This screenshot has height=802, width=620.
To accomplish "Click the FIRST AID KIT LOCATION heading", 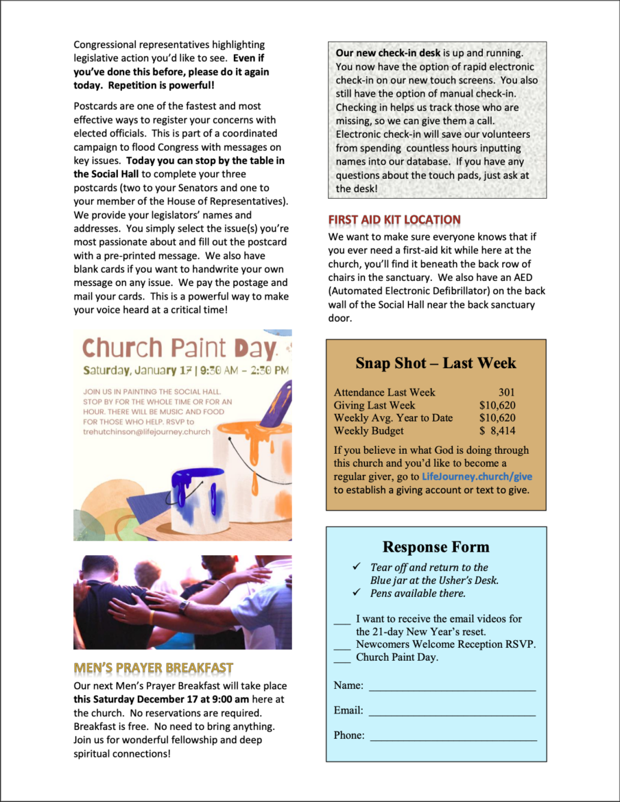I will tap(394, 220).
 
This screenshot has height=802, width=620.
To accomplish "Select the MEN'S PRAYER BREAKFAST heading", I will tap(153, 668).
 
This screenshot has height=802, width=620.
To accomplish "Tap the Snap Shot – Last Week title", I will tap(436, 363).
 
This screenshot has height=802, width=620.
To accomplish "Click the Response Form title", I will tap(436, 547).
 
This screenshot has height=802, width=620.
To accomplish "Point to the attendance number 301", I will tap(507, 393).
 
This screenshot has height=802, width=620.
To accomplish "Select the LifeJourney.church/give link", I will tap(477, 476).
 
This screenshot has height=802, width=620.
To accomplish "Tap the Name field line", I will tap(452, 686).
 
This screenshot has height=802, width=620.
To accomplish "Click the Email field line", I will tap(452, 711).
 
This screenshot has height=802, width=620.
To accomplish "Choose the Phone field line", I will tap(453, 736).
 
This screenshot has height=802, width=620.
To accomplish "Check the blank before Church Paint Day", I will tap(342, 658).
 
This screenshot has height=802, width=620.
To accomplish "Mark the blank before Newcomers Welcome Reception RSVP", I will tap(342, 645).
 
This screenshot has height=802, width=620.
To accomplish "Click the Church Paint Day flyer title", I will tap(180, 348).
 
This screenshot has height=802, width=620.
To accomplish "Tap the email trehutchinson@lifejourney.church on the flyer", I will tap(147, 432).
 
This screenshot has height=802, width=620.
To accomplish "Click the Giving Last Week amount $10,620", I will tap(497, 406).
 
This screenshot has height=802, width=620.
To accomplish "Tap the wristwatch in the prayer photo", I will tap(184, 606).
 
